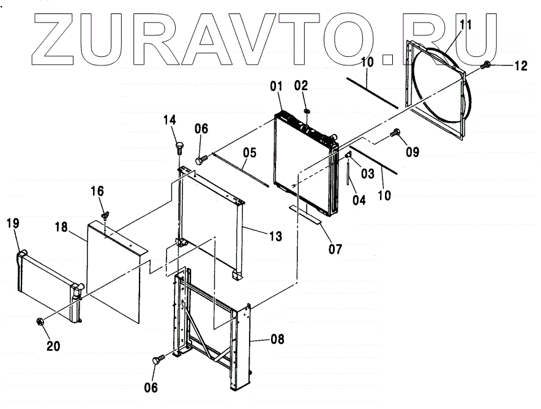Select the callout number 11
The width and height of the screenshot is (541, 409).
click(x=466, y=25)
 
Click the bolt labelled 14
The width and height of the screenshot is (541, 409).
click(x=180, y=147)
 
